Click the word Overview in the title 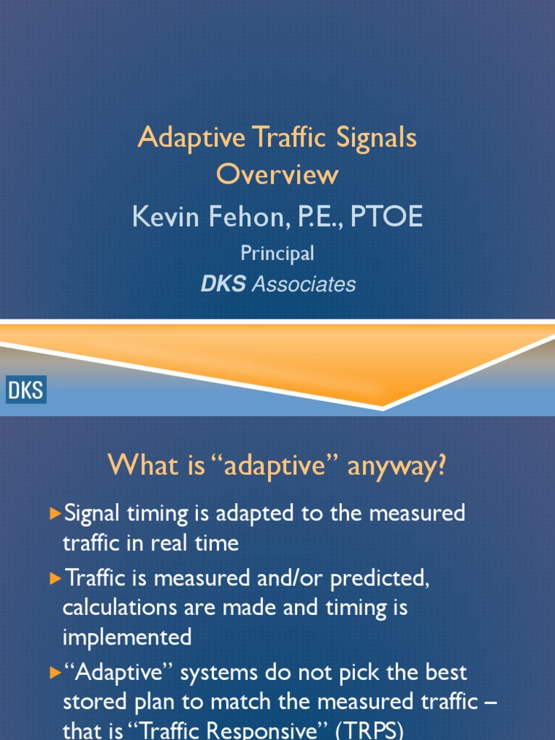(x=277, y=174)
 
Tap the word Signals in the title (x=376, y=137)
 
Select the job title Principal (x=277, y=253)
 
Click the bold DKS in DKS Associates (x=223, y=285)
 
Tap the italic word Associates (x=304, y=285)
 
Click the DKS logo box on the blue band (x=27, y=391)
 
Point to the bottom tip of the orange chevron (x=383, y=408)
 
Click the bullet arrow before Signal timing (x=56, y=514)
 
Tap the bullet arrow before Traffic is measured (x=56, y=578)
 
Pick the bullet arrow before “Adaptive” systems (x=56, y=673)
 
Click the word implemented (x=127, y=637)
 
